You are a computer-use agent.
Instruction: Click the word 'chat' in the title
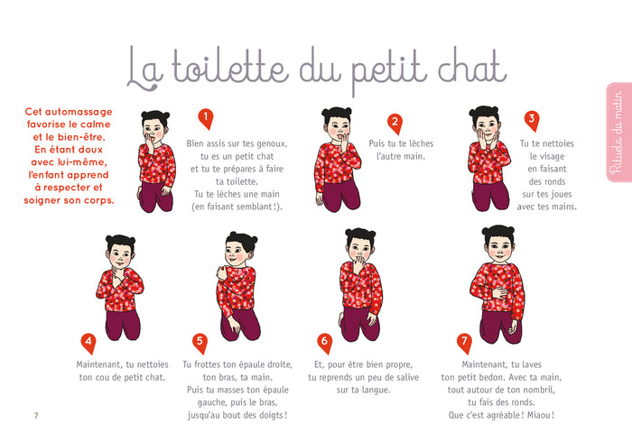tap(460, 68)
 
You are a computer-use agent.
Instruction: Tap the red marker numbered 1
tap(205, 119)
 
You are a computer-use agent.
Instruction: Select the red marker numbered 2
tap(394, 123)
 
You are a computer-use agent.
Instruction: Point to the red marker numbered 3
tap(532, 119)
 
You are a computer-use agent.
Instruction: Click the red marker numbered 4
tap(88, 343)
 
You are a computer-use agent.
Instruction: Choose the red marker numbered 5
tap(200, 343)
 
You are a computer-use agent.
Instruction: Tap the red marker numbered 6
tap(324, 343)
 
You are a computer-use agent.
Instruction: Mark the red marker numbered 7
tap(464, 343)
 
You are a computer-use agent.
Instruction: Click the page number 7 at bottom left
tap(36, 416)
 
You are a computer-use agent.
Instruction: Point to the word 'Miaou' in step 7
tap(537, 415)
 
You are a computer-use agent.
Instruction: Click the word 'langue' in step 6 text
tap(372, 390)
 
